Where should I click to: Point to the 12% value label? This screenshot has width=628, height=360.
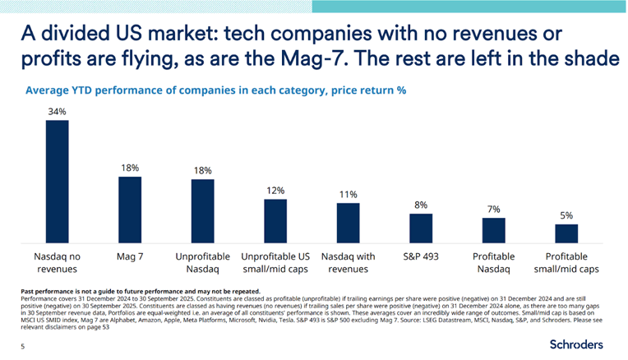(x=275, y=190)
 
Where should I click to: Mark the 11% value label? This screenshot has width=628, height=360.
(x=348, y=194)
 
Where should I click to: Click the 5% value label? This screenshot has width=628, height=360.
(x=566, y=215)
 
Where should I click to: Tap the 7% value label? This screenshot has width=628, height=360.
(x=493, y=209)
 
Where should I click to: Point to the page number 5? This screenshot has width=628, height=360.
(x=22, y=347)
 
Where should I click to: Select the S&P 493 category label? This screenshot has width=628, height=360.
(x=420, y=256)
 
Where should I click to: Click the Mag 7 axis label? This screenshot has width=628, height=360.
(x=129, y=256)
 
